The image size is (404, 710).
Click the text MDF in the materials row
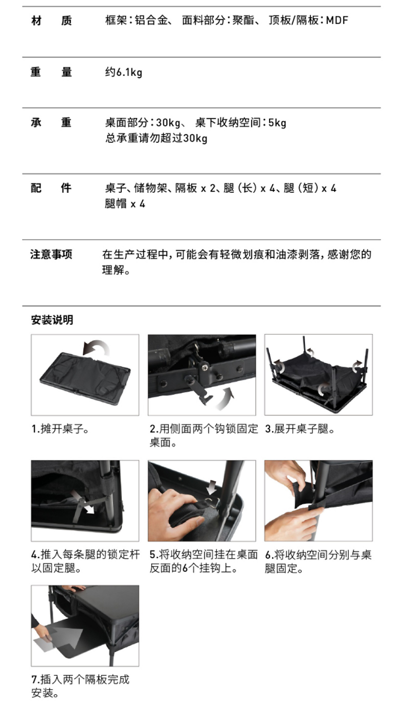(337, 20)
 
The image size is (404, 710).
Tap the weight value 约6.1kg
(124, 72)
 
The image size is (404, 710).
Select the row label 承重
(51, 122)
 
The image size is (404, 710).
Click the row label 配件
(51, 188)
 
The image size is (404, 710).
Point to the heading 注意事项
(51, 254)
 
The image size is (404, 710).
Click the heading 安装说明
(52, 320)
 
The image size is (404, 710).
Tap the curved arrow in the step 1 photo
(96, 348)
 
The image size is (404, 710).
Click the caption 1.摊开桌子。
(60, 429)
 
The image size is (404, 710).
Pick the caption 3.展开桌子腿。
(300, 429)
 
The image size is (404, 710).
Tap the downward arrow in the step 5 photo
(212, 489)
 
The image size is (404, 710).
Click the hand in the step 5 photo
(177, 511)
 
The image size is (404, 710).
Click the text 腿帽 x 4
(125, 204)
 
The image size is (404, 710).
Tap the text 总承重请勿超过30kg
(156, 138)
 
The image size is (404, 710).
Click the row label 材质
(52, 21)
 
